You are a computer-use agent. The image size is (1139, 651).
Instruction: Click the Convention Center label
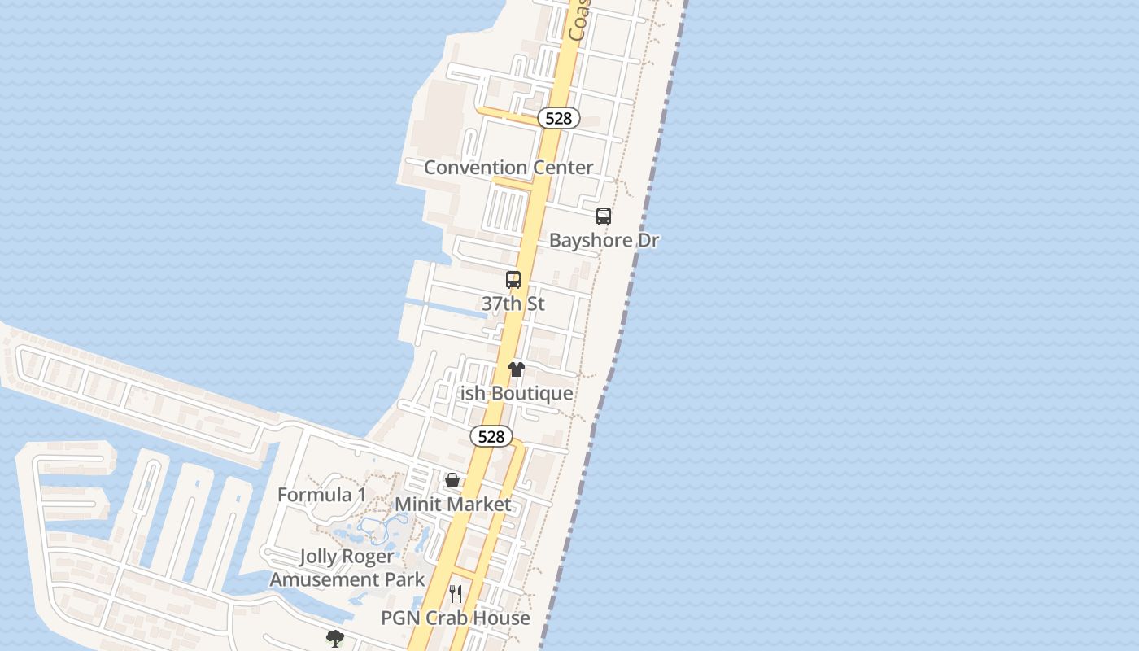click(x=508, y=168)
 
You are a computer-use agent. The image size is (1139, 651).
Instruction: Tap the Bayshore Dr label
click(x=604, y=241)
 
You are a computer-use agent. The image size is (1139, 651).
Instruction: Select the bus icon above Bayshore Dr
click(x=604, y=216)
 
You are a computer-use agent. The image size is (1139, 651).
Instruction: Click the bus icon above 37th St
click(x=513, y=280)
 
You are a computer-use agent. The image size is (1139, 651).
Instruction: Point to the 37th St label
click(x=513, y=304)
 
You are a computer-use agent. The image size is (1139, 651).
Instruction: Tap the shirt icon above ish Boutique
click(x=517, y=369)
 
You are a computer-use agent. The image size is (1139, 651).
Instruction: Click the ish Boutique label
click(x=517, y=394)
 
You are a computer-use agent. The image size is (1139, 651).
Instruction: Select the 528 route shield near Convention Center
click(x=558, y=119)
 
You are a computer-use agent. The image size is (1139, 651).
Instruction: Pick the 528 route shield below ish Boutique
click(x=491, y=437)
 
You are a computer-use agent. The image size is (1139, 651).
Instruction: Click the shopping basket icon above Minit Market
click(x=452, y=480)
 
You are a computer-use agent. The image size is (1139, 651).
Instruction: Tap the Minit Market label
click(x=453, y=505)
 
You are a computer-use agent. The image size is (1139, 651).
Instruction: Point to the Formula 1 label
click(x=322, y=495)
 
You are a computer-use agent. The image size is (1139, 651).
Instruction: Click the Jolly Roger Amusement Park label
click(x=347, y=568)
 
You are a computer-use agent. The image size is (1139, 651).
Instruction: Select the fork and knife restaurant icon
click(x=456, y=594)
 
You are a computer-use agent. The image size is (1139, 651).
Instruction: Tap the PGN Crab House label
click(x=456, y=618)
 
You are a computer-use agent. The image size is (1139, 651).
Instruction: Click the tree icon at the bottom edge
click(x=334, y=638)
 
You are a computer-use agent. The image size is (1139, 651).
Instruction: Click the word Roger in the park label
click(x=369, y=557)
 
